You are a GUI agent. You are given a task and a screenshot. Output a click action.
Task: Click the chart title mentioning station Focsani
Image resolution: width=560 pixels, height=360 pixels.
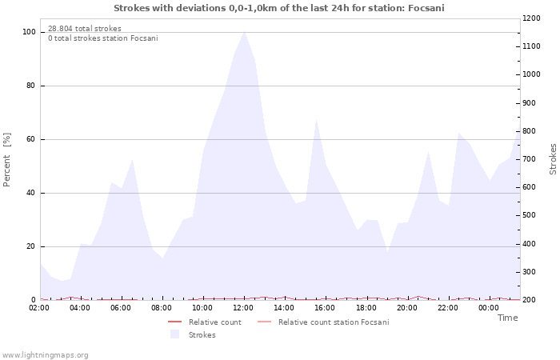(x=279, y=8)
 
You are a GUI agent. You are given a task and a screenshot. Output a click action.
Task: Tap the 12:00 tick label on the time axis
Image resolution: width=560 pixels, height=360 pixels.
(x=244, y=307)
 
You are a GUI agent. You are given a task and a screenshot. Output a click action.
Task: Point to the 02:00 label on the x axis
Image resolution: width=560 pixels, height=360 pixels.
(x=40, y=307)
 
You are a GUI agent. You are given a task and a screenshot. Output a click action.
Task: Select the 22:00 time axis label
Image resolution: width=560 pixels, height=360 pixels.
(x=448, y=307)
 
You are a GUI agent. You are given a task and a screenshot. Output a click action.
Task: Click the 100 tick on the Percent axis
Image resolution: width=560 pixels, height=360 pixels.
(x=29, y=32)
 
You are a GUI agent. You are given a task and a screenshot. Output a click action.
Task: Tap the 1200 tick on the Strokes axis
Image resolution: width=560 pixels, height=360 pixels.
(x=531, y=18)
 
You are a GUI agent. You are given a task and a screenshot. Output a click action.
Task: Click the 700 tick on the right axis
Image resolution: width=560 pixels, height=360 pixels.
(x=530, y=159)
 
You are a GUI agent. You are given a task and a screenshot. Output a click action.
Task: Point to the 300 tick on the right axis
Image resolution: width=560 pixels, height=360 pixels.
(x=530, y=272)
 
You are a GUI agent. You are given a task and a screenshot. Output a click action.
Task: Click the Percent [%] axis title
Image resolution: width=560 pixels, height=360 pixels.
(x=8, y=160)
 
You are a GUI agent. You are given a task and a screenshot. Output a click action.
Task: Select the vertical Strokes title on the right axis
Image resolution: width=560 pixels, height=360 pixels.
(x=553, y=159)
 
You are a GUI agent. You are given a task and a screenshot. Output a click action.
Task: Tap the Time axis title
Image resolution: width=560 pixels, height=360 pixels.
(x=507, y=318)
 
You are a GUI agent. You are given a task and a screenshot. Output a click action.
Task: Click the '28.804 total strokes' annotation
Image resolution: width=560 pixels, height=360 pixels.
(x=85, y=29)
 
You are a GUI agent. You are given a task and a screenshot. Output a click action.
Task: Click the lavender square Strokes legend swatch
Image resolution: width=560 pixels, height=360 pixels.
(x=174, y=334)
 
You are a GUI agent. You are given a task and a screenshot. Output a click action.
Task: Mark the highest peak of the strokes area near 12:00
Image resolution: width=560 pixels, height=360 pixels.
(x=244, y=31)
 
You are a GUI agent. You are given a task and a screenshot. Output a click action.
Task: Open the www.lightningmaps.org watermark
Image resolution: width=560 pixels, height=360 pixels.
(x=45, y=355)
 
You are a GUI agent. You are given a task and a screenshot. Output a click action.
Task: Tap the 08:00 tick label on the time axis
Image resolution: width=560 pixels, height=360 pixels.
(x=162, y=307)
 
